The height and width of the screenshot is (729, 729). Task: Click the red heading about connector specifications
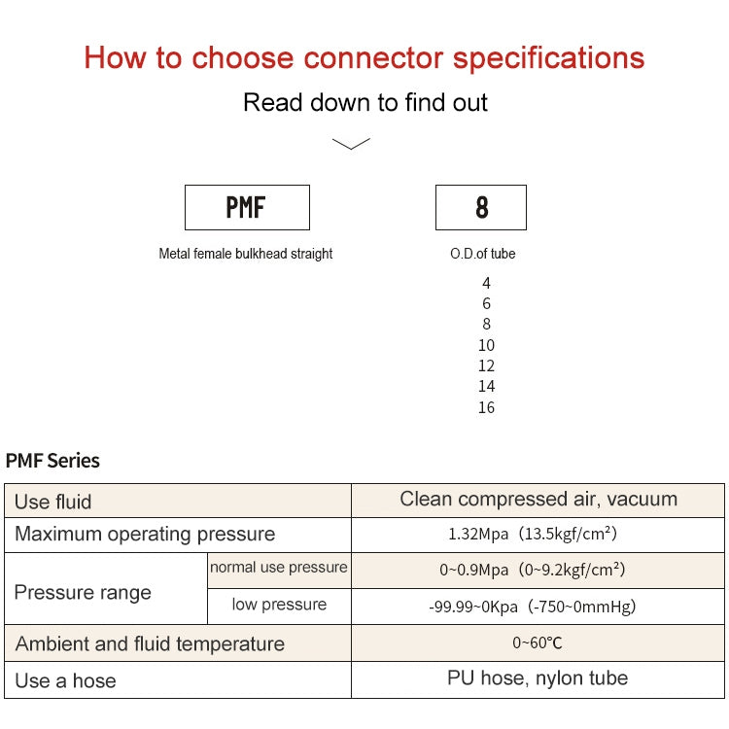(364, 57)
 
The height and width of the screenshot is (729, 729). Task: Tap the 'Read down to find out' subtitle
(364, 102)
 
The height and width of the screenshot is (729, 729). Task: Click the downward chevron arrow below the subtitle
(351, 144)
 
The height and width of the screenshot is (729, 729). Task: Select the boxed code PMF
(247, 207)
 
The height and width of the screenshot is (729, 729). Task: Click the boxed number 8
(481, 207)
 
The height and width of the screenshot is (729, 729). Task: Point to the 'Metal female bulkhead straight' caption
(246, 254)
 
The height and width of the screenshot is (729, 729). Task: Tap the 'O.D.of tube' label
(482, 254)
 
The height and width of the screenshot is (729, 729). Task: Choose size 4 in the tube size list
(486, 283)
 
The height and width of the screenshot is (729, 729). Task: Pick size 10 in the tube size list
(486, 345)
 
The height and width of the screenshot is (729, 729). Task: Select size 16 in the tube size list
(486, 407)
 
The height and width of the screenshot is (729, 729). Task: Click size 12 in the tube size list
(486, 365)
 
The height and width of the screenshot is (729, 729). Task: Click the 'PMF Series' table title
(52, 461)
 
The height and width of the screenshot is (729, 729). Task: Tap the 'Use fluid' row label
(53, 502)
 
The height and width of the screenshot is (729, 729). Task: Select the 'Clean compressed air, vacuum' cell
(538, 500)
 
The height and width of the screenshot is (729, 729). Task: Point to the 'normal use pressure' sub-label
(278, 568)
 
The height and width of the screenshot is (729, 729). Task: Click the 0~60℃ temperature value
(538, 642)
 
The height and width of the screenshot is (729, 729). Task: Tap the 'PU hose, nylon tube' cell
(538, 678)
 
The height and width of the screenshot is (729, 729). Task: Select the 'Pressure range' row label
(84, 593)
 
